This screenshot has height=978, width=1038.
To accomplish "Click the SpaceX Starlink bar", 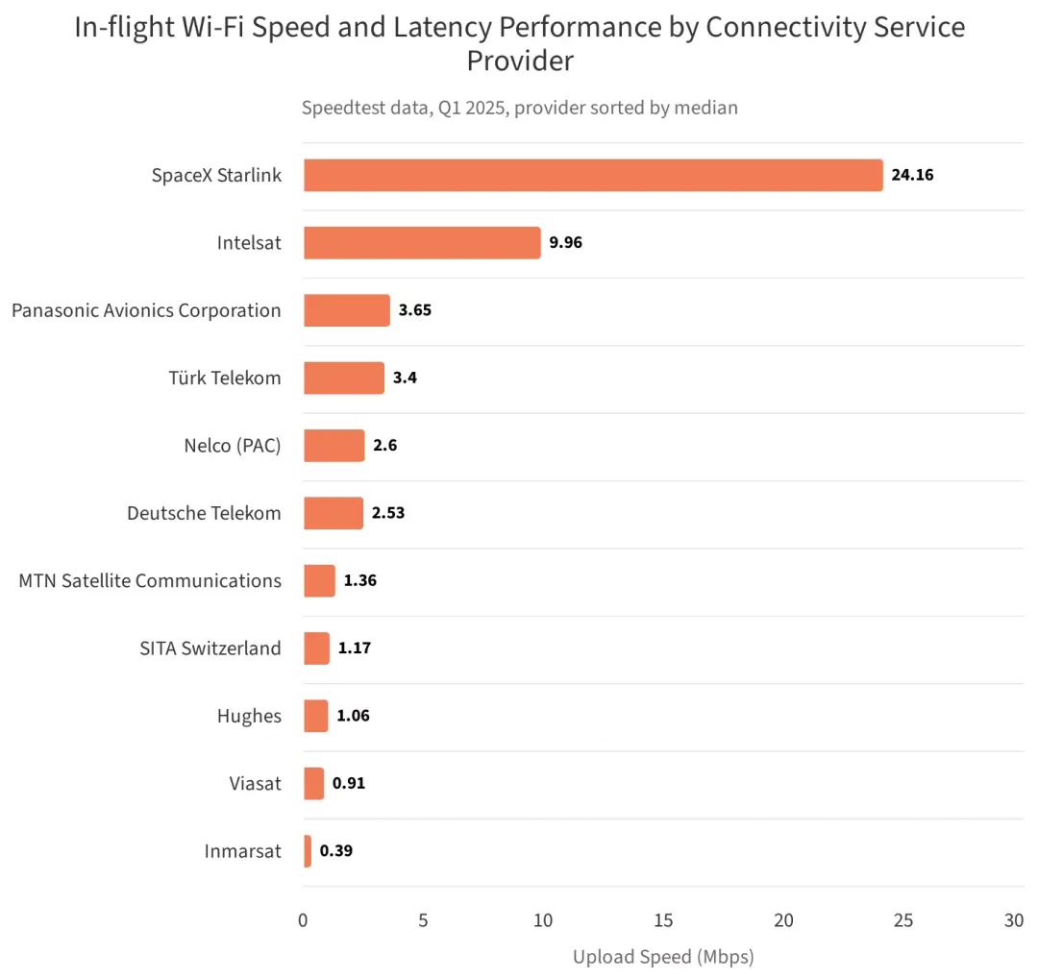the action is click(x=593, y=176).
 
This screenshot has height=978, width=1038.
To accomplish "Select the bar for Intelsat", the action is click(x=422, y=243).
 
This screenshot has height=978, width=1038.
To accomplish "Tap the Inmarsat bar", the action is click(x=308, y=851).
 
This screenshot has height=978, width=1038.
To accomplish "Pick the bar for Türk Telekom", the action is click(x=344, y=378).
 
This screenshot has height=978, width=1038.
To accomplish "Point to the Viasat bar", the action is click(x=313, y=784).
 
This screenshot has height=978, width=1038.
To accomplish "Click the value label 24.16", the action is click(x=912, y=175).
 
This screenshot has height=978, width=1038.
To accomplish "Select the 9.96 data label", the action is click(x=565, y=242).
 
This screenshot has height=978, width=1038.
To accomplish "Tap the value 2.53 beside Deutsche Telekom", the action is click(x=388, y=513).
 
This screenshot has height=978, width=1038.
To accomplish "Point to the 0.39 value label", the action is click(x=336, y=850).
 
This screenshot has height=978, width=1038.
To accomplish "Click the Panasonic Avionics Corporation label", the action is click(x=146, y=310).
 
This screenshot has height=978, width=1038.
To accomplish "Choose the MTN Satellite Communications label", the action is click(x=150, y=580).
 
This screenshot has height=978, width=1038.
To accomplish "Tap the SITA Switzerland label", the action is click(x=210, y=648).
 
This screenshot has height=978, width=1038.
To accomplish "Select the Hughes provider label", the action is click(x=249, y=716).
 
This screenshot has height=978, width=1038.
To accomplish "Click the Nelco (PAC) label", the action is click(x=233, y=446).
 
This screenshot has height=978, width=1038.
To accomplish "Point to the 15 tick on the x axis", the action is click(x=663, y=920).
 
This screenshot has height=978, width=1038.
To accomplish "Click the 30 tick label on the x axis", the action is click(x=1014, y=920).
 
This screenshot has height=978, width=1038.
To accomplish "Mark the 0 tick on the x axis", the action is click(x=303, y=920).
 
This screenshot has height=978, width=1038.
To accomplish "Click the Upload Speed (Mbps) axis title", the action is click(x=663, y=957).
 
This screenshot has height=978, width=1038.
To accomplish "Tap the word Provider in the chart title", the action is click(x=520, y=61).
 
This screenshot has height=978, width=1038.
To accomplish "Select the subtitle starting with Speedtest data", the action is click(x=520, y=108).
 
